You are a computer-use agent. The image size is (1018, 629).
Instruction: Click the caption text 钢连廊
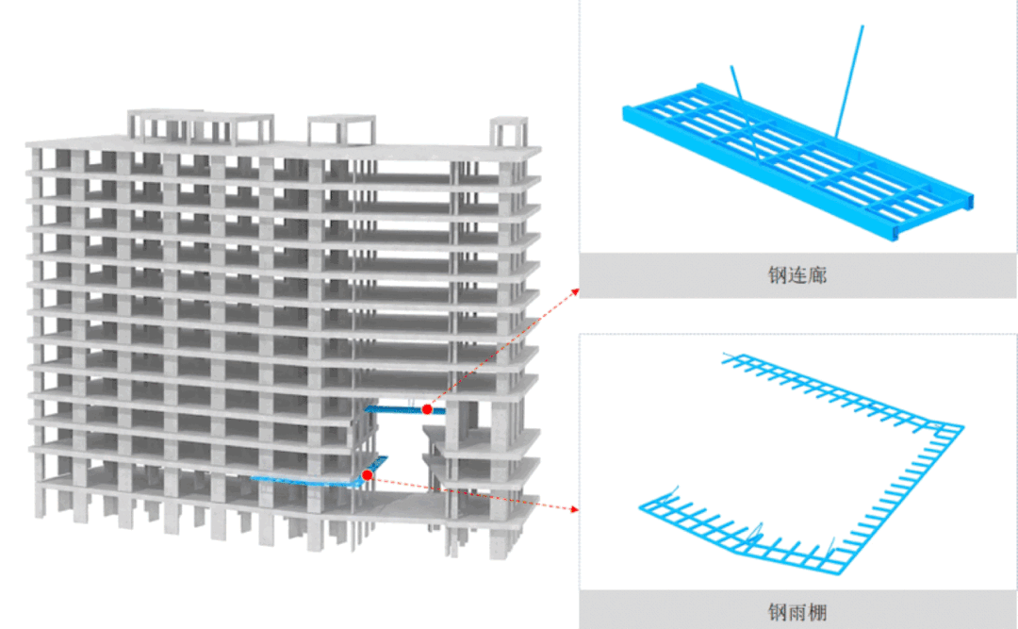(797, 275)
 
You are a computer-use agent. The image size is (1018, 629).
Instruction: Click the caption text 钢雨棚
(797, 611)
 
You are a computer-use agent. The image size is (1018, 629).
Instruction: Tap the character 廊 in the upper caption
(817, 275)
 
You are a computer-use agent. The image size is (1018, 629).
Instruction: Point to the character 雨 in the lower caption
(797, 611)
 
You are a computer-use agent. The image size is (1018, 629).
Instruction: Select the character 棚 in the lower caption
(817, 611)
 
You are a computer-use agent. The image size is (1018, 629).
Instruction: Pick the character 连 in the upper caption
(797, 275)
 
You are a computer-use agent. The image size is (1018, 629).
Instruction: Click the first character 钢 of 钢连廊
(778, 275)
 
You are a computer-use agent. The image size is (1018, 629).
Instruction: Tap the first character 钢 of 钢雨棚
(778, 611)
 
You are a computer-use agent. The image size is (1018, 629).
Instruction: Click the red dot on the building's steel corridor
(427, 409)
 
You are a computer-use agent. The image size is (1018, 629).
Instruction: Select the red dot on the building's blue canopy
(368, 475)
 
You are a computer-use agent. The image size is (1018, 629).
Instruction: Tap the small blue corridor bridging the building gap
(401, 408)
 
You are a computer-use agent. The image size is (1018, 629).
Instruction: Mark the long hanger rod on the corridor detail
(848, 81)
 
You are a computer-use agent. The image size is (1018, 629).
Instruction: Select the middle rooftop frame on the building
(341, 129)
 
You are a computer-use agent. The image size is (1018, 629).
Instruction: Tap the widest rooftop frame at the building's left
(200, 125)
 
